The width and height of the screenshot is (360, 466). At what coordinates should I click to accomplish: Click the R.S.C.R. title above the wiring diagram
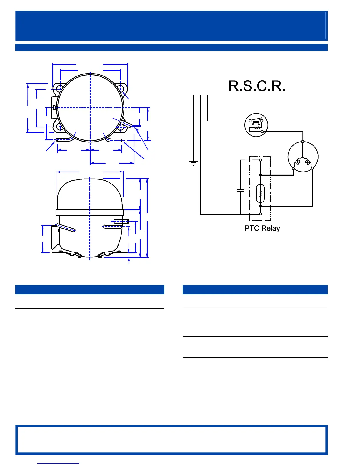pyautogui.click(x=257, y=86)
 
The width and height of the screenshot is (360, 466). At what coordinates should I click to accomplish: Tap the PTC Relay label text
pyautogui.click(x=262, y=228)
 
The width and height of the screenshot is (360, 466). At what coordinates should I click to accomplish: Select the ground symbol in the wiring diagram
pyautogui.click(x=193, y=163)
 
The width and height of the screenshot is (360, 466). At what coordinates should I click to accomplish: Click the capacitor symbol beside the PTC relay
pyautogui.click(x=241, y=190)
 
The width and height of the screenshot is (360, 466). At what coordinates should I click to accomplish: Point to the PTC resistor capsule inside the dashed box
pyautogui.click(x=260, y=193)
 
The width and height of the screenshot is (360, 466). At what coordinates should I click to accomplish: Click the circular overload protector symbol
pyautogui.click(x=256, y=125)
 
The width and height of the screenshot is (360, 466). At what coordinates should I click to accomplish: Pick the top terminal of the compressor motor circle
pyautogui.click(x=303, y=142)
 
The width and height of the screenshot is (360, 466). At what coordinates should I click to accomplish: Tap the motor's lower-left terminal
pyautogui.click(x=293, y=168)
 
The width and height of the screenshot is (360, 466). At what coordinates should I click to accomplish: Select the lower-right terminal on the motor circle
pyautogui.click(x=312, y=168)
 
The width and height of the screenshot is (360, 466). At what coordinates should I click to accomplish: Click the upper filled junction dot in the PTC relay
pyautogui.click(x=260, y=175)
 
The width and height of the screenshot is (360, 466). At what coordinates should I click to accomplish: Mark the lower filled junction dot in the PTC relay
pyautogui.click(x=260, y=206)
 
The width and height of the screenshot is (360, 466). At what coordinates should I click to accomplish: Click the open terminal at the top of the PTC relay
pyautogui.click(x=260, y=160)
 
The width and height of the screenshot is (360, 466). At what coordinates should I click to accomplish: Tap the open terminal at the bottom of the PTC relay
pyautogui.click(x=260, y=214)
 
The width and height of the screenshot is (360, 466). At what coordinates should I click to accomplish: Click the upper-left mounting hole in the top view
pyautogui.click(x=59, y=88)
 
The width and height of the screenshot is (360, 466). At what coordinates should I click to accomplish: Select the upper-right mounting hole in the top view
pyautogui.click(x=121, y=88)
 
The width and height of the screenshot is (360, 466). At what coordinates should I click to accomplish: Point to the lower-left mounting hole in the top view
pyautogui.click(x=59, y=127)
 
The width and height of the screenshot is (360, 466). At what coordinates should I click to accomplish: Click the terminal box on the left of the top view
pyautogui.click(x=54, y=108)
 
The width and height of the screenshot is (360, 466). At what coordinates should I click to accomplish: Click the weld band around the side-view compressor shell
pyautogui.click(x=90, y=213)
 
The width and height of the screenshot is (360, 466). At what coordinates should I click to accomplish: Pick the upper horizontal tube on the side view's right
pyautogui.click(x=121, y=221)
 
